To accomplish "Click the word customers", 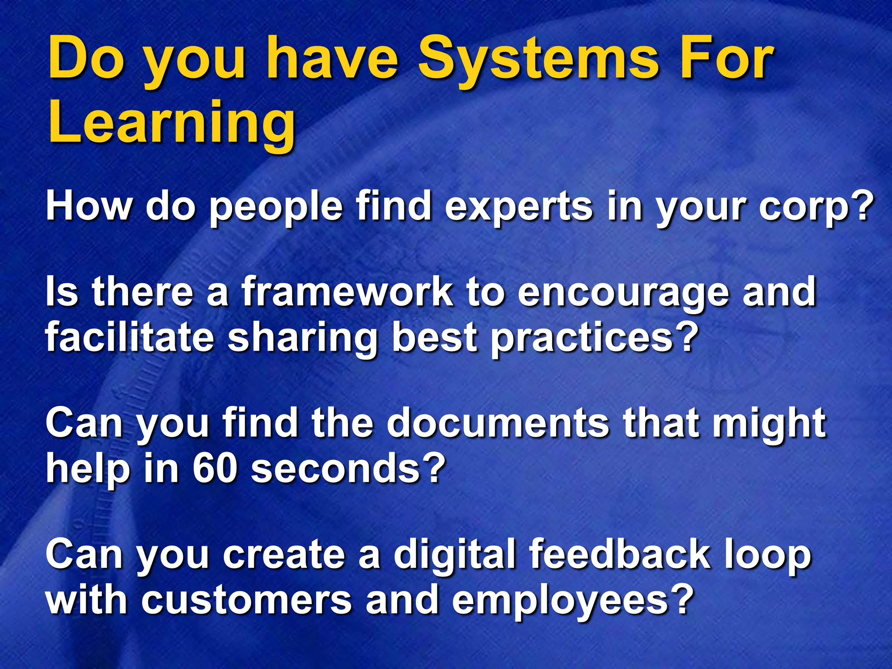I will [x=246, y=600].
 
